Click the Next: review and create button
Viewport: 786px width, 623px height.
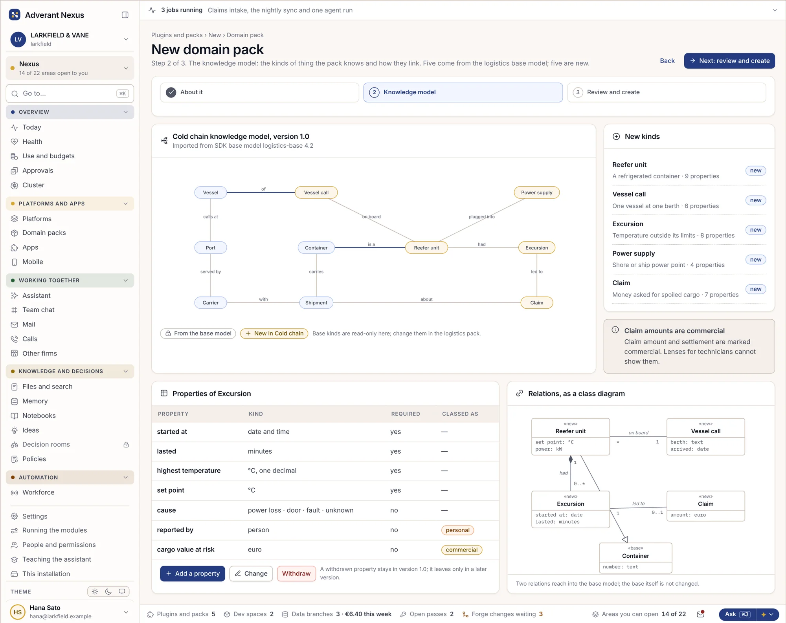point(729,61)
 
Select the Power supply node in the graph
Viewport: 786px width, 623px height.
point(536,192)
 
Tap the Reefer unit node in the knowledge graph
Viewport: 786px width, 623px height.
point(426,248)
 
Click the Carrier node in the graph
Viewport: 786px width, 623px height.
point(211,303)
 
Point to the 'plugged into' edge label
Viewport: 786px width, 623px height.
point(481,217)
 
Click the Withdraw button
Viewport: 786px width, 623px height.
point(296,574)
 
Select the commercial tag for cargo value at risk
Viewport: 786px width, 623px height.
point(462,550)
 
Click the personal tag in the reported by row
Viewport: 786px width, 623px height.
point(457,530)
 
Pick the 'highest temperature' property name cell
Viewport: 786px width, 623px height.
point(189,471)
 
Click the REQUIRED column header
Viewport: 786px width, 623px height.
point(406,414)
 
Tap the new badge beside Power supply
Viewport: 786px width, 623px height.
point(755,260)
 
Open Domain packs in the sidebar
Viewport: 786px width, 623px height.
point(44,233)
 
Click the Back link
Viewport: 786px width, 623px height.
point(667,61)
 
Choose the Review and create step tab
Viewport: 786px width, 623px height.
point(667,92)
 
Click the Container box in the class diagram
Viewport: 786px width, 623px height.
point(635,558)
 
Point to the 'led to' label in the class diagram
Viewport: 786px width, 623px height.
point(638,504)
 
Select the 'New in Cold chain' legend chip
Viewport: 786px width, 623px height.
point(274,333)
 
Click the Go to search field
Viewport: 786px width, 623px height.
point(70,93)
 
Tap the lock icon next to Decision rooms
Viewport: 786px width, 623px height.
point(126,445)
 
